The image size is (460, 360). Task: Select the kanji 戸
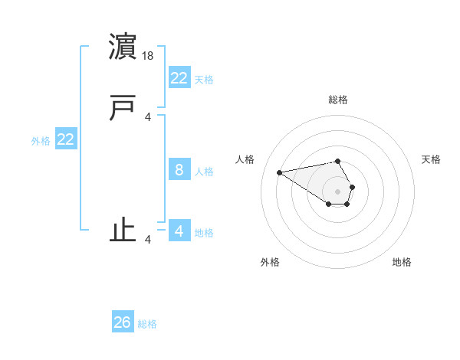123,108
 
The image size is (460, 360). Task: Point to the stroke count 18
149,56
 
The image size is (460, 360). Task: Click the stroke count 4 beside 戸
147,116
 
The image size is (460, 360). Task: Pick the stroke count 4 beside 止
147,240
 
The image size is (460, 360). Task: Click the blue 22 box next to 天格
179,77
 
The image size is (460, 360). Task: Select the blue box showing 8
179,170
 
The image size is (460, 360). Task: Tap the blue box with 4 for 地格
179,231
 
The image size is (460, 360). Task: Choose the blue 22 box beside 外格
65,139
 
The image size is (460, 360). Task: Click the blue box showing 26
122,322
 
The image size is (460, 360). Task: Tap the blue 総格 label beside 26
147,324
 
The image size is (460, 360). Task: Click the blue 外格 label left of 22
41,141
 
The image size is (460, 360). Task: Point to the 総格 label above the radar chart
338,100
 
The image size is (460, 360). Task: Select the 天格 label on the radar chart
431,159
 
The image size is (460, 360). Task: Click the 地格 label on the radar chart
402,262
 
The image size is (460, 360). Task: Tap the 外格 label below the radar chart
270,262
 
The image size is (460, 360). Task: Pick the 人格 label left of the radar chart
245,159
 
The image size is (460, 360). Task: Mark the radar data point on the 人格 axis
280,172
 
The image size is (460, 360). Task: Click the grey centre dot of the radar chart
338,191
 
